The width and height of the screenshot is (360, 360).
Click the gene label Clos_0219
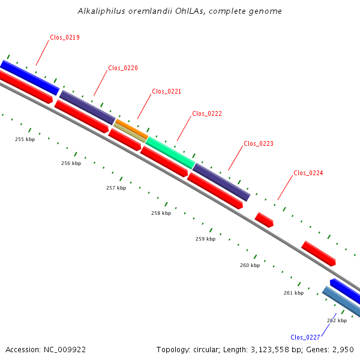(x=65, y=37)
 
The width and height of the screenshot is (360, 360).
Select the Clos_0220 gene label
(x=123, y=68)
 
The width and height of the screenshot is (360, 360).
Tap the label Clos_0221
(x=166, y=91)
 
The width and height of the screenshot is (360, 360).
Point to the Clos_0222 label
(x=207, y=113)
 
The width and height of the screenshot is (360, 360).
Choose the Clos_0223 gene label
(x=259, y=144)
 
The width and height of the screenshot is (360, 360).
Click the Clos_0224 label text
(x=308, y=173)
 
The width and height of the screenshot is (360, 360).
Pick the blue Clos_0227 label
(x=305, y=337)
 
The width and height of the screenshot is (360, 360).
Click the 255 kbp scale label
(x=25, y=139)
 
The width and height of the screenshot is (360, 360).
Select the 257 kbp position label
(x=116, y=188)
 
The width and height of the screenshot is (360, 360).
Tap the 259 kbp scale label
(x=205, y=239)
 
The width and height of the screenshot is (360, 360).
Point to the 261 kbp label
(x=293, y=293)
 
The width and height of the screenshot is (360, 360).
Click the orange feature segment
(x=132, y=129)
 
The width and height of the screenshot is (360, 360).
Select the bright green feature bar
(x=170, y=153)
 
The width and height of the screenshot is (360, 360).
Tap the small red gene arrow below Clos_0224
(x=264, y=220)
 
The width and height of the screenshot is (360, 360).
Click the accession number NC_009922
(x=65, y=350)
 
